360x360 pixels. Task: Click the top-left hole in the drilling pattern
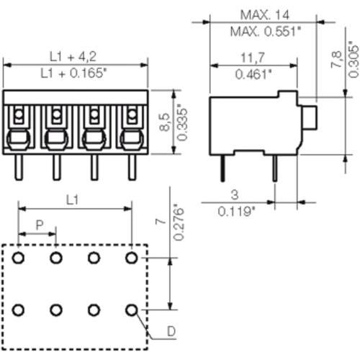coord(19,257)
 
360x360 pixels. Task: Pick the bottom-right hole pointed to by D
coord(131,310)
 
